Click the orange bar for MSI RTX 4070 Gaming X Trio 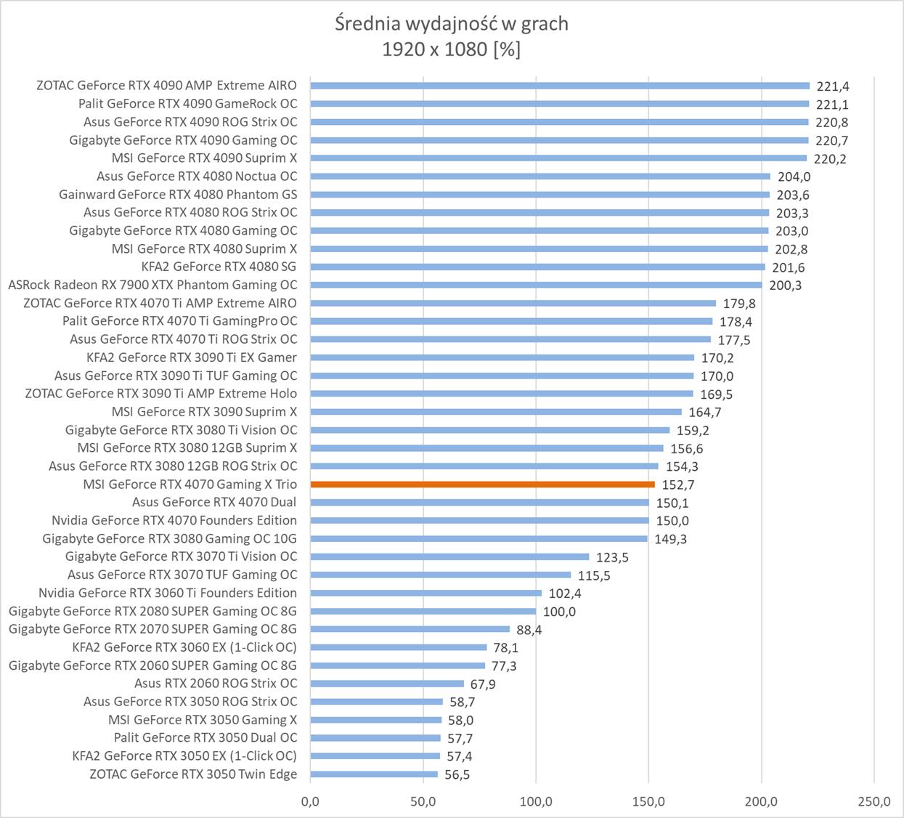pos(482,485)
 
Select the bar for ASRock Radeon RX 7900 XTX pos(536,285)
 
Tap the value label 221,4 pos(833,86)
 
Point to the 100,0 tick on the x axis pos(536,801)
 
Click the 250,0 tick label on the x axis pos(874,801)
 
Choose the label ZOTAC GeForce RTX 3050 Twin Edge pos(193,774)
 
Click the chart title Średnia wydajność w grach pos(452,24)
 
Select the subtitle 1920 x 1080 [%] pos(452,49)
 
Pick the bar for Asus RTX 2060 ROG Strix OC pos(386,684)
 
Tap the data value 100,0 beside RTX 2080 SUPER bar pos(559,612)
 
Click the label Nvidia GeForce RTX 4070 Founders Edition pos(174,520)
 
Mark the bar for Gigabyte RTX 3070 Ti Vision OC pos(449,557)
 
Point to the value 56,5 pos(457,775)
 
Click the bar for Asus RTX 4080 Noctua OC pos(540,176)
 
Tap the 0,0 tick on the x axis pos(310,801)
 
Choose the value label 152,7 pos(678,485)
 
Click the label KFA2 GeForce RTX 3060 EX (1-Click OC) pos(184,647)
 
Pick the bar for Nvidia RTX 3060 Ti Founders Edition pos(425,593)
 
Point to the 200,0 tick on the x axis pos(762,801)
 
